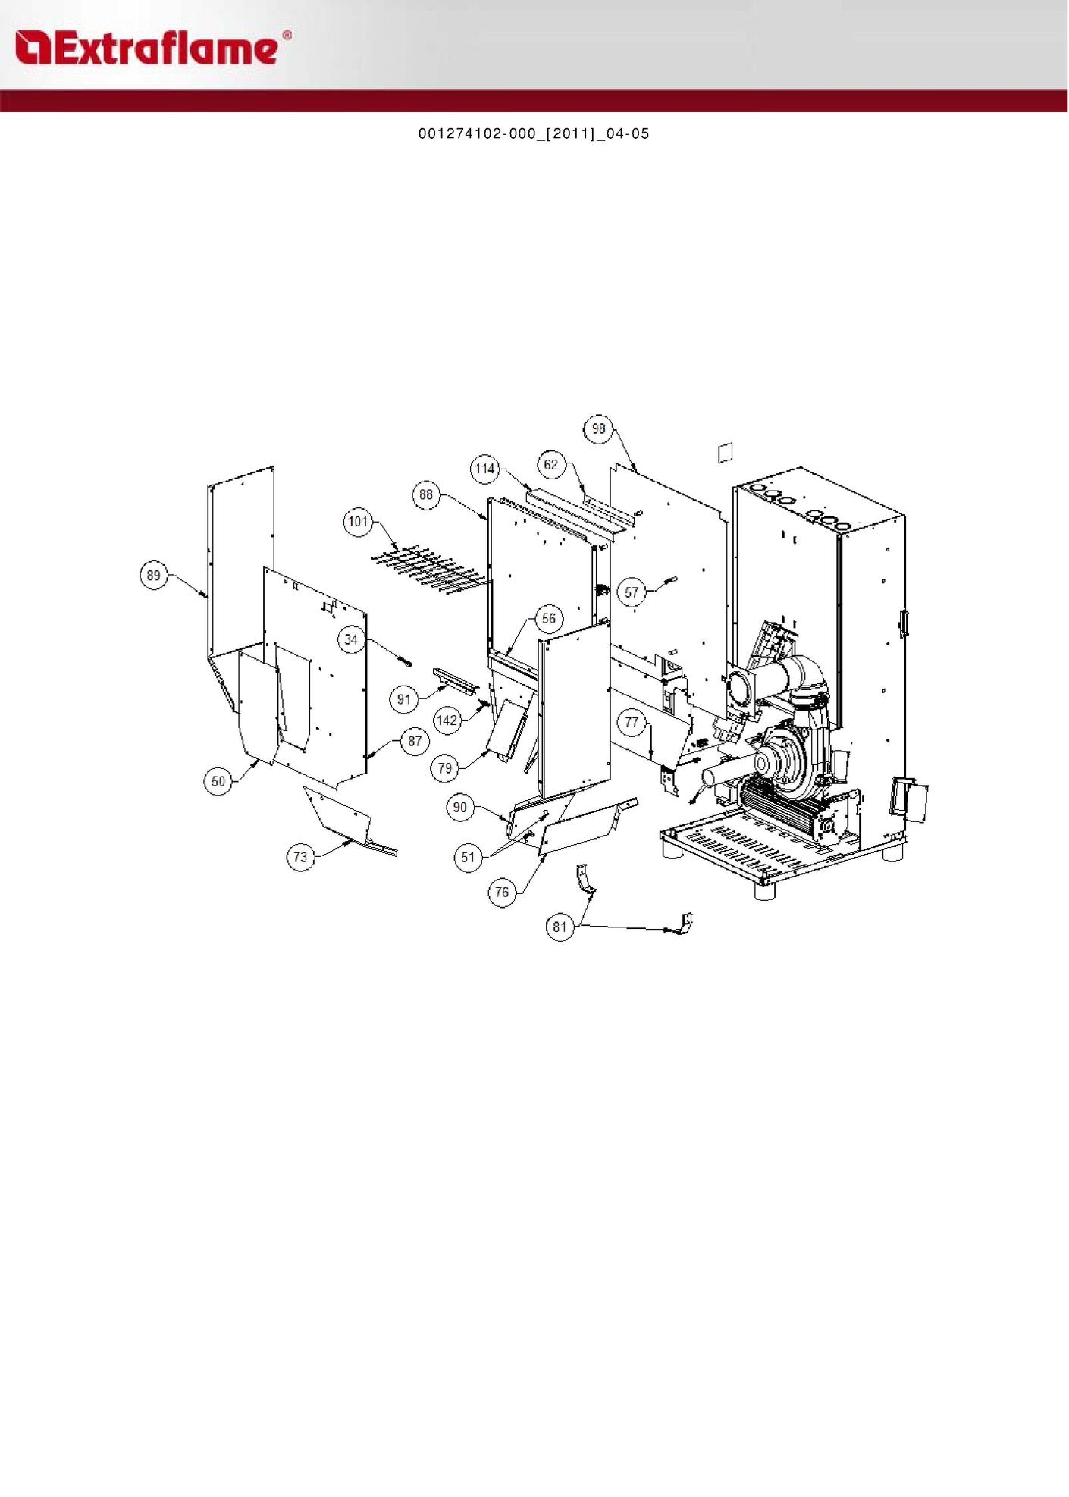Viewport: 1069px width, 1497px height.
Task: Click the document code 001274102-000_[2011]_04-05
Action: tap(534, 134)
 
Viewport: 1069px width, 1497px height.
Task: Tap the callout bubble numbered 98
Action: tap(599, 429)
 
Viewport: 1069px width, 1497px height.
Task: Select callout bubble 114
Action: tap(484, 469)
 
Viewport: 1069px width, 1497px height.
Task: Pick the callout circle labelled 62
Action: tap(551, 465)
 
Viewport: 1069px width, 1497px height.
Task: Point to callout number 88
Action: tap(426, 495)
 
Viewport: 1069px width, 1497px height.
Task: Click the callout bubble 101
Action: tap(358, 522)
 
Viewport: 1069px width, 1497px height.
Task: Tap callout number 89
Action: tap(154, 576)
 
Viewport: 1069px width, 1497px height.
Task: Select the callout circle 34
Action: tap(351, 640)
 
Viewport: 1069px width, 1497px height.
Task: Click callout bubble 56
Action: tap(549, 619)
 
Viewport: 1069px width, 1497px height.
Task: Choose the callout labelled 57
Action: tap(632, 592)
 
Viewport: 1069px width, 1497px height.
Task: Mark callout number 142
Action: tap(447, 720)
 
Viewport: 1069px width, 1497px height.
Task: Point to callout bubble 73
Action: tap(301, 857)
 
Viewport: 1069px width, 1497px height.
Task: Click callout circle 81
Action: tap(560, 927)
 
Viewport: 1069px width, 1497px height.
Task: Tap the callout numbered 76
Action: tap(502, 892)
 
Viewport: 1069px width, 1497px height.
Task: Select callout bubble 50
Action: tap(218, 781)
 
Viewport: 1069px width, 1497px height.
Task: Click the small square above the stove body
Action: tap(726, 452)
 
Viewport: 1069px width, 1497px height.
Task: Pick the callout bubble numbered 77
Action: tap(632, 723)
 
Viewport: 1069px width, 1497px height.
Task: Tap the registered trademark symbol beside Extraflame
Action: tap(287, 36)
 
